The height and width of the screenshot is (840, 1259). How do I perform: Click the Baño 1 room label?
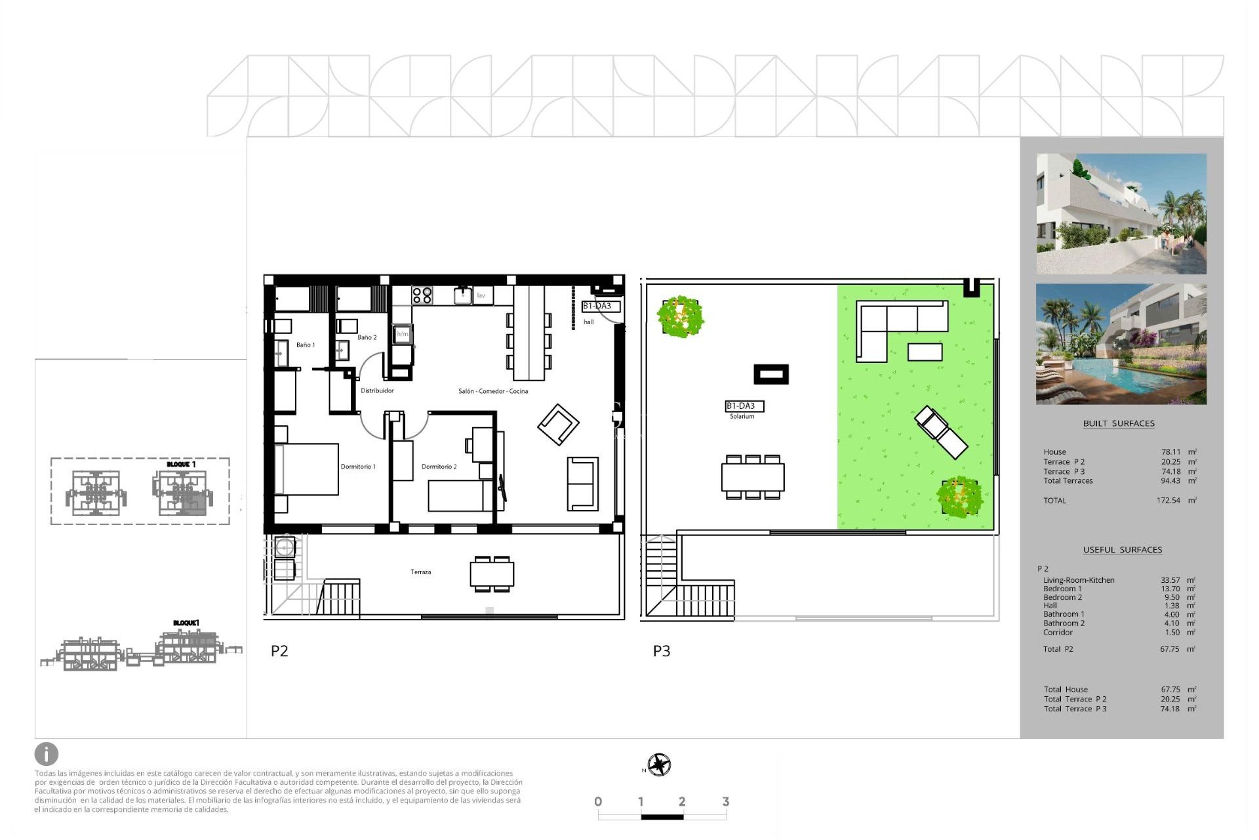point(306,345)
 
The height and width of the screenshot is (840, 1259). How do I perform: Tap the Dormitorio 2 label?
point(439,467)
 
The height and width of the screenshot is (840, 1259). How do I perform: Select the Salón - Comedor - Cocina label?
point(493,391)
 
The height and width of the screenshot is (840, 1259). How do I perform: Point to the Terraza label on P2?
point(421,572)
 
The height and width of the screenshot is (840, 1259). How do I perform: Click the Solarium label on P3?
point(742,416)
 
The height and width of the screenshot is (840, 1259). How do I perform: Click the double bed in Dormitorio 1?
point(307,469)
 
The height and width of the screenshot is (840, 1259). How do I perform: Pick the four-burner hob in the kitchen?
point(422,295)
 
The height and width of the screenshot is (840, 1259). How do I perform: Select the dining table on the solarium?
point(753,477)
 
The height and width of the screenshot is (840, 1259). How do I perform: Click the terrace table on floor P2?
point(492,574)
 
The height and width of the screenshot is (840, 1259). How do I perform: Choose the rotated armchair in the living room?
point(558,425)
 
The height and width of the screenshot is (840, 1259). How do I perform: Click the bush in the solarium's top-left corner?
point(681,317)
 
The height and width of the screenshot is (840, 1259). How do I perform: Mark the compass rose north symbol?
point(659,765)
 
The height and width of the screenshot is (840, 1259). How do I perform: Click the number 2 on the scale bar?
point(682,801)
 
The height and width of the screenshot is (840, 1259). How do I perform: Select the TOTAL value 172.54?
point(1168,500)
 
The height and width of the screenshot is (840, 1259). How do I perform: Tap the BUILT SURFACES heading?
point(1119,423)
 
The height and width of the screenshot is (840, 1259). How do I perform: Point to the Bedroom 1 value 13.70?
point(1170,589)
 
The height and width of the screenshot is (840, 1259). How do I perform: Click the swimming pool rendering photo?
point(1121,344)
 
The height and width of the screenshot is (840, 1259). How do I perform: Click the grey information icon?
point(47,754)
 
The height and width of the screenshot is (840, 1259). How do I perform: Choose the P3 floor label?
point(662,651)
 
